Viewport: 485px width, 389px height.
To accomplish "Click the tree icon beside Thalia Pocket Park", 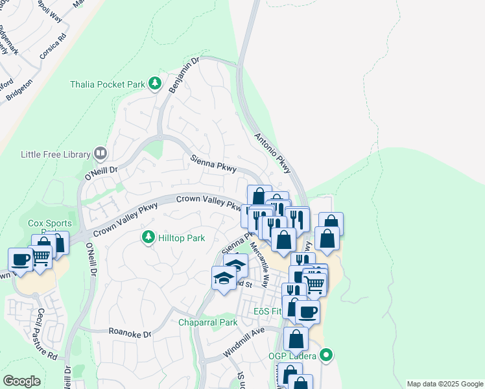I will point(154,83).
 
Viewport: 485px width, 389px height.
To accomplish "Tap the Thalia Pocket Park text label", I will point(106,84).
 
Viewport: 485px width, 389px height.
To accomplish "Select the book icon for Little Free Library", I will point(100,153).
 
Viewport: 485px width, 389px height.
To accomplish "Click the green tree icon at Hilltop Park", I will point(148,237).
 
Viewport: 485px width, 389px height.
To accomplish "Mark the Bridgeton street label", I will point(19,91).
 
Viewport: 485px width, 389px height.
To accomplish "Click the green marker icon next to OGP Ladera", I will point(327,355).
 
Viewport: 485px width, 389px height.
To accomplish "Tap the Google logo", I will point(21,381).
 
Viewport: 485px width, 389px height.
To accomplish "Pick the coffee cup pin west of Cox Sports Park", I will point(21,259).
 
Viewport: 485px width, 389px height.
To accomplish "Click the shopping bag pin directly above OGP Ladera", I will point(296,338).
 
